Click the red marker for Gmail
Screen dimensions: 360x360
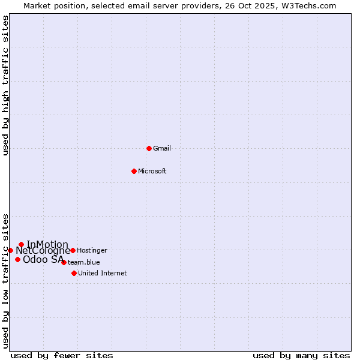pyautogui.click(x=149, y=148)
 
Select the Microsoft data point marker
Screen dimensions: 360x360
pyautogui.click(x=134, y=171)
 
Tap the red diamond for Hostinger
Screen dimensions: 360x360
pyautogui.click(x=73, y=250)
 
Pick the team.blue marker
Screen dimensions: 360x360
pyautogui.click(x=64, y=262)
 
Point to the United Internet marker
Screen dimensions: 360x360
pyautogui.click(x=74, y=273)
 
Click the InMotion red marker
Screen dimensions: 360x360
pyautogui.click(x=21, y=244)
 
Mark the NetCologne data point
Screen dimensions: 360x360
pyautogui.click(x=10, y=250)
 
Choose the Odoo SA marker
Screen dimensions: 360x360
pyautogui.click(x=17, y=259)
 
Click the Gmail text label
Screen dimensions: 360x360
pyautogui.click(x=162, y=148)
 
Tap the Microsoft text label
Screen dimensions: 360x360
pyautogui.click(x=152, y=171)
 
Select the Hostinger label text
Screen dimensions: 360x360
pyautogui.click(x=92, y=250)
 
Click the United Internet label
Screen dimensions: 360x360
pyautogui.click(x=103, y=273)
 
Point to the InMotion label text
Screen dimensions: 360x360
pyautogui.click(x=47, y=244)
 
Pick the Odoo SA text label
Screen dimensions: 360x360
pyautogui.click(x=43, y=259)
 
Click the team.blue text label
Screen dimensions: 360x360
pyautogui.click(x=84, y=262)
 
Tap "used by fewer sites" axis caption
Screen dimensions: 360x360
pyautogui.click(x=62, y=355)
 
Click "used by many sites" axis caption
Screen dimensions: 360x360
pyautogui.click(x=301, y=355)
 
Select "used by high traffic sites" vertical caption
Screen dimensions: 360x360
pyautogui.click(x=6, y=85)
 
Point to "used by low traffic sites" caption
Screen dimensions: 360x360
pyautogui.click(x=6, y=281)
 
